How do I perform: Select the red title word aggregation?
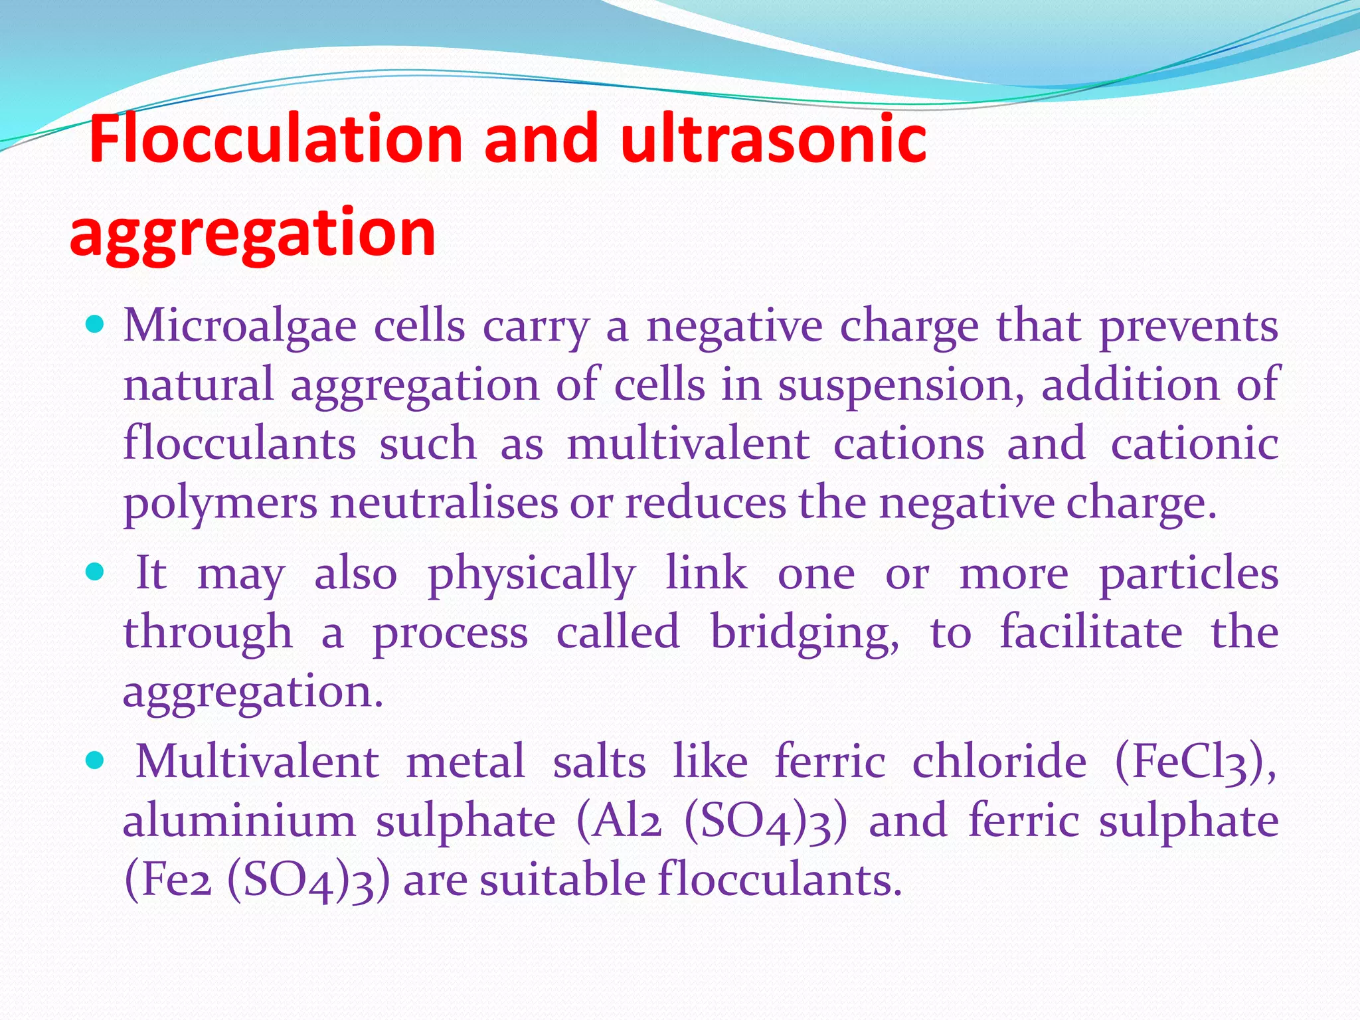pos(252,232)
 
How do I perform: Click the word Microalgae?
pos(240,327)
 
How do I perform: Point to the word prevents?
pos(1188,327)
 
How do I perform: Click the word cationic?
pos(1194,444)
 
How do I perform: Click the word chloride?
pos(999,762)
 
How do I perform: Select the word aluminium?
pos(240,821)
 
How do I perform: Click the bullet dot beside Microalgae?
pos(96,325)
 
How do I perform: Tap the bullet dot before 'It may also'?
pos(96,572)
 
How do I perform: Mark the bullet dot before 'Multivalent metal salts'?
pos(96,760)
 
